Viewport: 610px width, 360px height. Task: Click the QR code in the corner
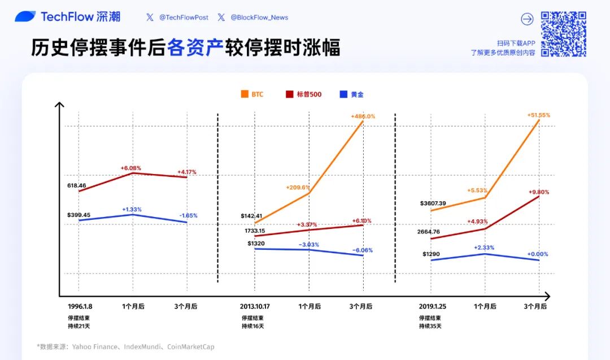pos(563,34)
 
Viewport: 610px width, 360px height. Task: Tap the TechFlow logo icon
pos(25,17)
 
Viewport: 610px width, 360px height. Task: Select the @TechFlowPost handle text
pos(184,18)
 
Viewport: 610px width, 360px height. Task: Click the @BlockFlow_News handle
pos(259,18)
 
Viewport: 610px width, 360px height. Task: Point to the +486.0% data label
pos(363,116)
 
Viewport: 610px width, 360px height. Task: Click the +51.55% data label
pos(538,115)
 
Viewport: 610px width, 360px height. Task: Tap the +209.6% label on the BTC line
pos(298,188)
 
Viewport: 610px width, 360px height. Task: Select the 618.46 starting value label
pos(76,185)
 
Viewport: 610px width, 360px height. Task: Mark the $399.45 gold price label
pos(79,215)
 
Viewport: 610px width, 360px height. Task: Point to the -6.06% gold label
pos(363,250)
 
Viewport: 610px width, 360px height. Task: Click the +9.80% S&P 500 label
pos(538,192)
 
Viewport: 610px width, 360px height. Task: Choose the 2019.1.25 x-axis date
pos(432,306)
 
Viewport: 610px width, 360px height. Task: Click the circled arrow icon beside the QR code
pos(526,19)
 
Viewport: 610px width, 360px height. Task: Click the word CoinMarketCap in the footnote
pos(191,347)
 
